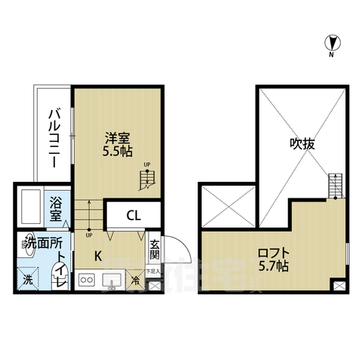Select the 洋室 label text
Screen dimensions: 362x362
point(117,139)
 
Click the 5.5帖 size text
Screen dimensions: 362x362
point(118,152)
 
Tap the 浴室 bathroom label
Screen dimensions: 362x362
point(57,210)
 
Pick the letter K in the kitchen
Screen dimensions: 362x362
point(97,256)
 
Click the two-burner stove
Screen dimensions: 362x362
point(85,284)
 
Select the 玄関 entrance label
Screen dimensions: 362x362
point(154,250)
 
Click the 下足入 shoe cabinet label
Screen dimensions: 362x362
point(153,270)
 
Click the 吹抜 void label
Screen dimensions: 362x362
point(301,144)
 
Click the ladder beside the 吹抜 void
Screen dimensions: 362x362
point(336,184)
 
